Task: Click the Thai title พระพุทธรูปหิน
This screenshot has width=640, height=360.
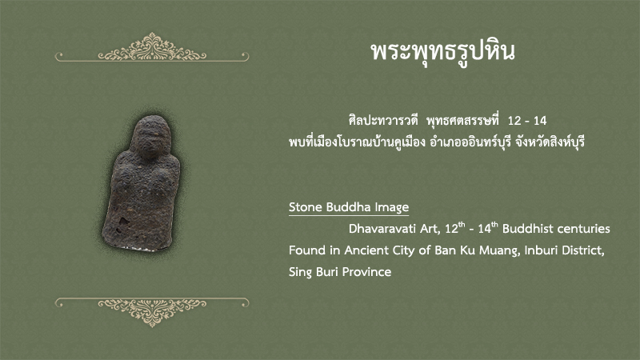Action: click(443, 52)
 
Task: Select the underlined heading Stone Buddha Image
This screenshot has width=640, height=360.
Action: click(349, 207)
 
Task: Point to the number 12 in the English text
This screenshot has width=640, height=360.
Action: click(451, 229)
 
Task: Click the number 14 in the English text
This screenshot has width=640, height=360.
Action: click(485, 229)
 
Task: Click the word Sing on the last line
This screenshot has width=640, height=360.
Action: click(300, 273)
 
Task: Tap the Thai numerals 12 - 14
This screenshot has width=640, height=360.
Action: click(527, 121)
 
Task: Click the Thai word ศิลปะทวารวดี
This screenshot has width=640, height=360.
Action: click(383, 121)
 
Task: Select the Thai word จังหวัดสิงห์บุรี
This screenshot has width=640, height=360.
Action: click(550, 142)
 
